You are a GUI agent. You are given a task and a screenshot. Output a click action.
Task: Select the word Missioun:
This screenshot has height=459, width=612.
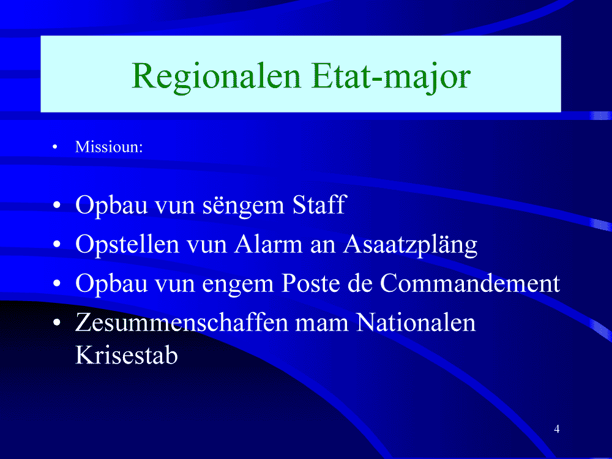point(109,147)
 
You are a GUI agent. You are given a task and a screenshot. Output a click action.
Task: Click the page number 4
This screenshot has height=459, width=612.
point(556,429)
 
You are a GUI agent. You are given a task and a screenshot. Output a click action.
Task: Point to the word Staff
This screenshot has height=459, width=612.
point(319,204)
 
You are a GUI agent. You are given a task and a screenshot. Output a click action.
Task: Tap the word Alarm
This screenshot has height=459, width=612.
point(268,244)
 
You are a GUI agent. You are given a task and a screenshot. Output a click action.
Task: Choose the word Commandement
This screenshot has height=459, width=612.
point(470,283)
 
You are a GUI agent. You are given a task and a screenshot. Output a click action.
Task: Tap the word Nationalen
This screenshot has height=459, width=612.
point(416,322)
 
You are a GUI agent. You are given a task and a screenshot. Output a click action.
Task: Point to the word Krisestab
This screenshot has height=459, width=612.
point(127,354)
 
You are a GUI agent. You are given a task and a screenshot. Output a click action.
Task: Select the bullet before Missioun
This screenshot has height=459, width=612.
point(55,147)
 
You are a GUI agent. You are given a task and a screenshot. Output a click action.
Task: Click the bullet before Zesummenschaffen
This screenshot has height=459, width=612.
point(58,323)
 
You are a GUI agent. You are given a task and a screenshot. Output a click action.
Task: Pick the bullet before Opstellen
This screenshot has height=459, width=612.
point(58,244)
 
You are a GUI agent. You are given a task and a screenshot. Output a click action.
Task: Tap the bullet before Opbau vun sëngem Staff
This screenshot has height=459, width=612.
point(58,205)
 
